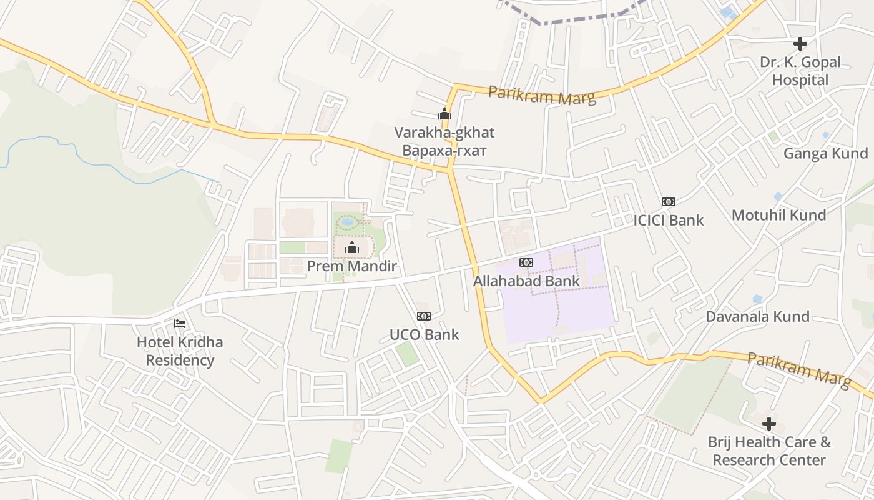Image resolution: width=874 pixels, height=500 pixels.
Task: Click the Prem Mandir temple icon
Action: (x=352, y=247)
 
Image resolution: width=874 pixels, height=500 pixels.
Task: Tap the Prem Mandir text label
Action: (x=351, y=266)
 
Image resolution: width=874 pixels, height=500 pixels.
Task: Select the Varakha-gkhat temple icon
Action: (x=444, y=114)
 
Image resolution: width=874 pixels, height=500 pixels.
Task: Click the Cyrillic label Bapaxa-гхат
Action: (x=444, y=151)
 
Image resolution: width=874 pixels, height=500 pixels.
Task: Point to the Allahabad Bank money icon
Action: (x=526, y=262)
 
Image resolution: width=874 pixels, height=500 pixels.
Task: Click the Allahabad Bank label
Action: (x=526, y=281)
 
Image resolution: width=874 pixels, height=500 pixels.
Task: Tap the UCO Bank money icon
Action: (x=424, y=316)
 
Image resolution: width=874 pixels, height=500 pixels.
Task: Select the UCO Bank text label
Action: (x=424, y=334)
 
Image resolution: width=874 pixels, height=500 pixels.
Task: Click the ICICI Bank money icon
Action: (x=669, y=202)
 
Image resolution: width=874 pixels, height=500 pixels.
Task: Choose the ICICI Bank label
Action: (x=669, y=220)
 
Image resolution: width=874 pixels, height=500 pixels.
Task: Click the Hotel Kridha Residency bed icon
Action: (x=180, y=324)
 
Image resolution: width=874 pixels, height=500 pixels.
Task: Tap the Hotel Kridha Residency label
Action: (x=180, y=351)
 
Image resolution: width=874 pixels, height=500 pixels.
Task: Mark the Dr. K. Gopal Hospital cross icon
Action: (x=800, y=44)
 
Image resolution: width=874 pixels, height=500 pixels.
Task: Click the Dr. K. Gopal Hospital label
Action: (x=800, y=71)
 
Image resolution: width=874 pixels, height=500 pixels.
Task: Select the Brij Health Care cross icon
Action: (x=769, y=424)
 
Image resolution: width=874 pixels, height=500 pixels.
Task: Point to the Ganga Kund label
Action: (x=825, y=153)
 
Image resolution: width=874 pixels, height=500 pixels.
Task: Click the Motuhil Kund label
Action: (x=778, y=215)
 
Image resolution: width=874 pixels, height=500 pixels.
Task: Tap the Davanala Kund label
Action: (x=757, y=316)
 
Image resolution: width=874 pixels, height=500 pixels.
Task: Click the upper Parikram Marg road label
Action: (x=542, y=94)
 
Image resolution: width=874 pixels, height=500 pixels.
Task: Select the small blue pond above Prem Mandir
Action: (x=348, y=221)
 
